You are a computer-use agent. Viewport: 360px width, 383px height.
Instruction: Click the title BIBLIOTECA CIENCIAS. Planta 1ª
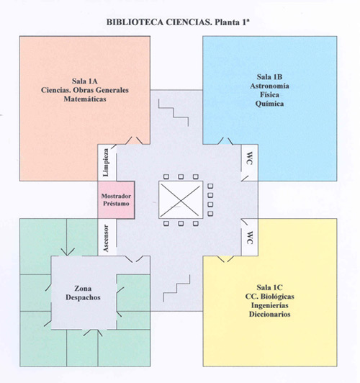point(178,22)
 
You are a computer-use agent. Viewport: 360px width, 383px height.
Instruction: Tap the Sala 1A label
point(85,81)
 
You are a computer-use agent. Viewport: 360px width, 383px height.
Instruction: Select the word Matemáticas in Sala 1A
point(85,99)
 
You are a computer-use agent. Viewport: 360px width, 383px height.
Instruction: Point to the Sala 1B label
point(269,77)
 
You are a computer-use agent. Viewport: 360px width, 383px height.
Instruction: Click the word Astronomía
point(269,86)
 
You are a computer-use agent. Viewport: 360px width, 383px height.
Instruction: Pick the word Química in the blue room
point(269,104)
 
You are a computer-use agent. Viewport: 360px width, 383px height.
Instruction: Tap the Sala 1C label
point(269,287)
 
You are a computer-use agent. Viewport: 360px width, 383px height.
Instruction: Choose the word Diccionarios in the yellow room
point(269,314)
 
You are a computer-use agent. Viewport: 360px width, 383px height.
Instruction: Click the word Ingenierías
point(269,305)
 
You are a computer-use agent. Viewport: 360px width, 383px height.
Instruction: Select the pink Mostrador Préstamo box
point(116,200)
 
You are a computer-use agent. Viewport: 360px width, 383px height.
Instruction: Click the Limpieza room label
point(106,163)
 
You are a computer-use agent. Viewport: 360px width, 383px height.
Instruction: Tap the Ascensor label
point(106,238)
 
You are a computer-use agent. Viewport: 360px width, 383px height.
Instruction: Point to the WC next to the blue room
point(249,158)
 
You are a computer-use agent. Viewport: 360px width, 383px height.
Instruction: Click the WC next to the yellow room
point(249,238)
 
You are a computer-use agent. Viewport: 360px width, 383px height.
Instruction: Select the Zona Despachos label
point(83,293)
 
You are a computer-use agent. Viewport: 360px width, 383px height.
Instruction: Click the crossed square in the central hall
point(181,200)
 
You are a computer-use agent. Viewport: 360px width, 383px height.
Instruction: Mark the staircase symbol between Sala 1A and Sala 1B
point(174,112)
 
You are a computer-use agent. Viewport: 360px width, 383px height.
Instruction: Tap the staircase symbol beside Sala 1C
point(176,288)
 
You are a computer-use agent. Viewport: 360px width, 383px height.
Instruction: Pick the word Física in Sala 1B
point(269,94)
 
